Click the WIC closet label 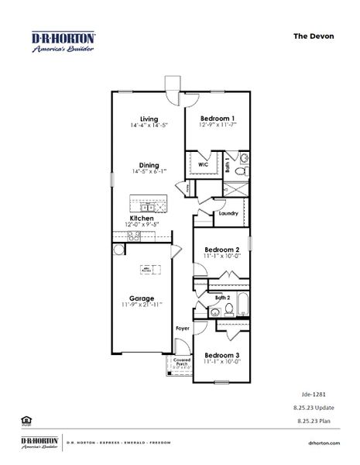203,165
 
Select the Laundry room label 228,213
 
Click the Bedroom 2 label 222,250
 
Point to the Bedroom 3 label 222,355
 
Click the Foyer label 182,329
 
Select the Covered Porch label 182,362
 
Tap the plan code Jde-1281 310,394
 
